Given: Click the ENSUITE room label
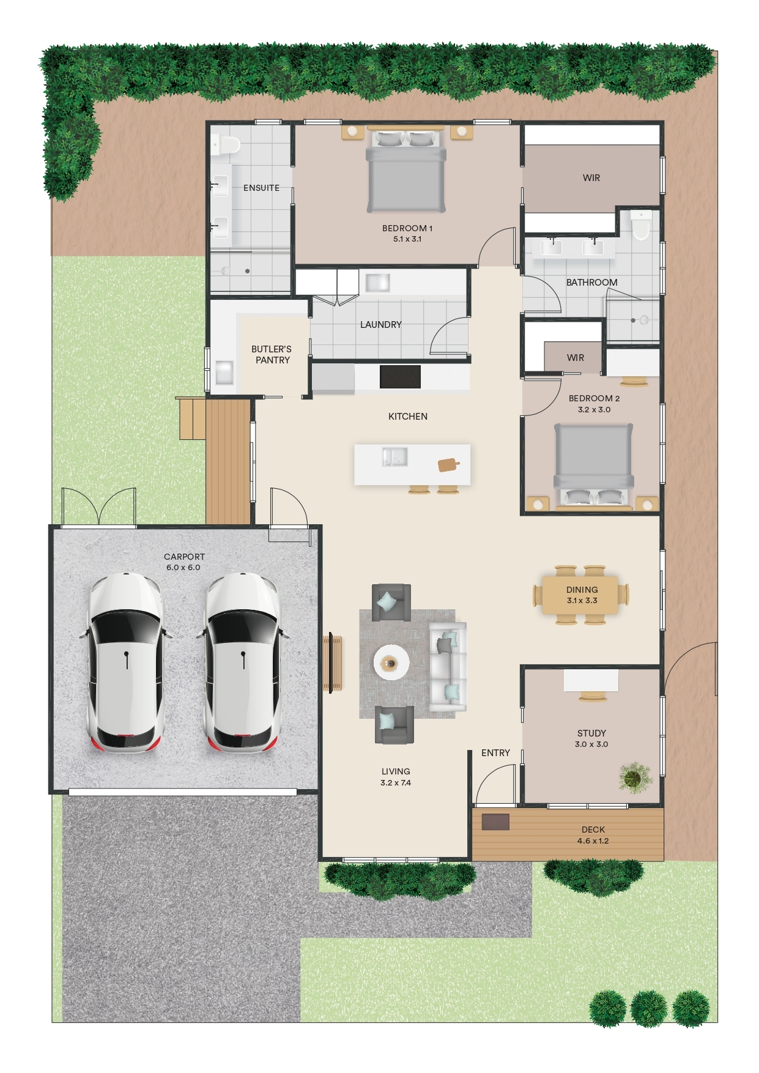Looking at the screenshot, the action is click(261, 188).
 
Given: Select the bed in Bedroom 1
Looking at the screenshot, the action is click(406, 171).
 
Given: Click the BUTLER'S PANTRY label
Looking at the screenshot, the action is click(272, 355).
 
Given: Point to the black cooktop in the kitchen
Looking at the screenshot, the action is click(400, 377).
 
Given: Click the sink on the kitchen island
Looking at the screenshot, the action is click(394, 457).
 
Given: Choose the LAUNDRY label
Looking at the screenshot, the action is click(380, 325).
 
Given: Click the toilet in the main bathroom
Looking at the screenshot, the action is click(640, 225).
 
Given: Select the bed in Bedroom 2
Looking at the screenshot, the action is click(593, 465).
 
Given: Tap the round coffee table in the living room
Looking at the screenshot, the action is click(391, 662).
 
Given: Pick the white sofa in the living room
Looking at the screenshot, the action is click(448, 667).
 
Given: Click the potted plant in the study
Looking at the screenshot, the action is click(635, 778).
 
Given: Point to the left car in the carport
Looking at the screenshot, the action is click(126, 663).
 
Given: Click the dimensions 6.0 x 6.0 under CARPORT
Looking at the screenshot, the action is click(183, 568).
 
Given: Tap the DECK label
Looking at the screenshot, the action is click(593, 830).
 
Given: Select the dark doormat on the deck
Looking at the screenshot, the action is click(495, 822).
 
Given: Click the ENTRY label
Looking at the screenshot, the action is click(495, 753).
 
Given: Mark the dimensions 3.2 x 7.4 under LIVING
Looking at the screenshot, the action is click(396, 783).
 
